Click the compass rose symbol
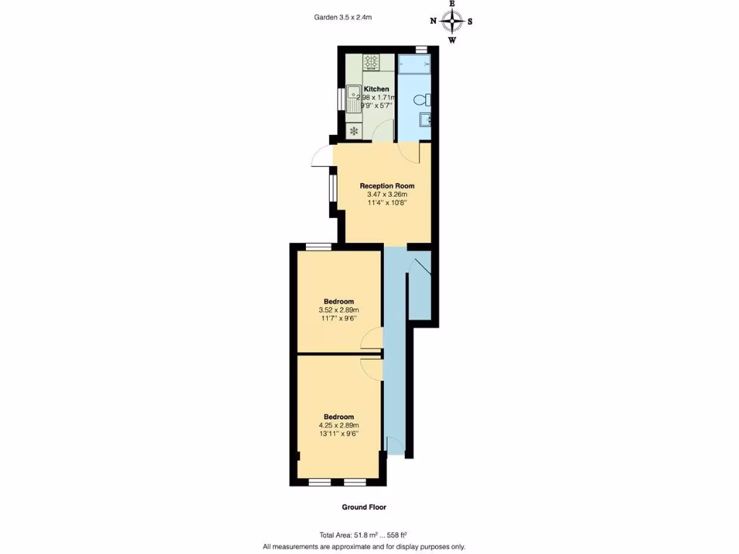[x=452, y=21]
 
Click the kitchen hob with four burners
[x=372, y=62]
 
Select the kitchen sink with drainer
[x=354, y=98]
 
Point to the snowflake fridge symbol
[x=354, y=131]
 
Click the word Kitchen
[x=376, y=89]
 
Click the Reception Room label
[x=387, y=186]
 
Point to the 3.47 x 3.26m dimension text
[x=387, y=195]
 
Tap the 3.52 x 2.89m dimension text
[x=338, y=310]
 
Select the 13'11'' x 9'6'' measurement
[x=338, y=434]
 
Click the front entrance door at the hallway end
[x=395, y=447]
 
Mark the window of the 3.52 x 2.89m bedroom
[x=318, y=247]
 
